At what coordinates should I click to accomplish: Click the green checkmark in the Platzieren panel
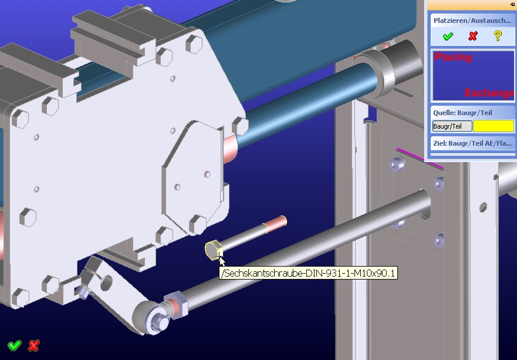point(448,36)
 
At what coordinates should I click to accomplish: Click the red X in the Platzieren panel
point(473,36)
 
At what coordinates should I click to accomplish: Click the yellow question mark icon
point(498,36)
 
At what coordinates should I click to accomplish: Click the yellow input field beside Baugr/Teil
point(494,126)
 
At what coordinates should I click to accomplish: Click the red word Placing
point(453,57)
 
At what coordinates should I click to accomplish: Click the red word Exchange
point(489,93)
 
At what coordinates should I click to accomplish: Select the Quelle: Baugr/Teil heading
point(462,113)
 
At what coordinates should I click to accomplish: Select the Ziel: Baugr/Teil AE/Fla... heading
point(472,143)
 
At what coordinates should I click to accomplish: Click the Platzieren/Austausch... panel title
point(472,21)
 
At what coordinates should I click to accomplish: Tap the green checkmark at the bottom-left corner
point(15,345)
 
